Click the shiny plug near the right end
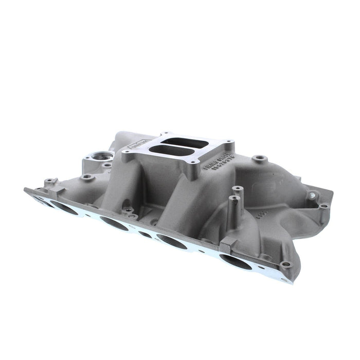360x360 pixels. coord(312,195)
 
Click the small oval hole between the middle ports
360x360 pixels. coord(146,235)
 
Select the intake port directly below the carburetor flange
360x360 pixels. coord(172,242)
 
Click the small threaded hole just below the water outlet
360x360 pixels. coord(106,165)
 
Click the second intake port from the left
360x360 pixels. coord(65,207)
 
